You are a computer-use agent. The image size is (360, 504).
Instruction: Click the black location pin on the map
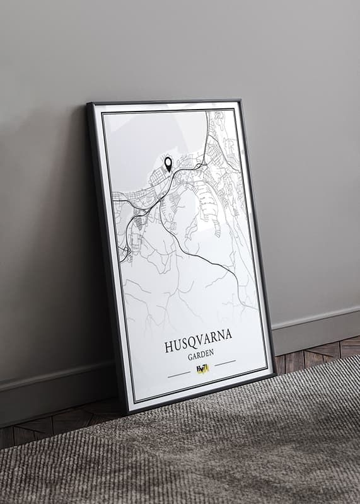tap(168, 164)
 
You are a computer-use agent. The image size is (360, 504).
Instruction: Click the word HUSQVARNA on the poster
tap(198, 345)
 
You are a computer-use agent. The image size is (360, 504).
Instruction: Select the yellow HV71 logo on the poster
tap(202, 369)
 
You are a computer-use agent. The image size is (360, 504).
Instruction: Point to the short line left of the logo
tap(179, 374)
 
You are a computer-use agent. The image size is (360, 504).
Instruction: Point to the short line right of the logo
tap(225, 362)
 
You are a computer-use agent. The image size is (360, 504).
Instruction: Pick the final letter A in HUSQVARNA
tap(228, 335)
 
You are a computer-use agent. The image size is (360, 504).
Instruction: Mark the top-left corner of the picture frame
tap(89, 105)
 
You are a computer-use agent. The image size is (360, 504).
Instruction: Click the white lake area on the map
tap(151, 142)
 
